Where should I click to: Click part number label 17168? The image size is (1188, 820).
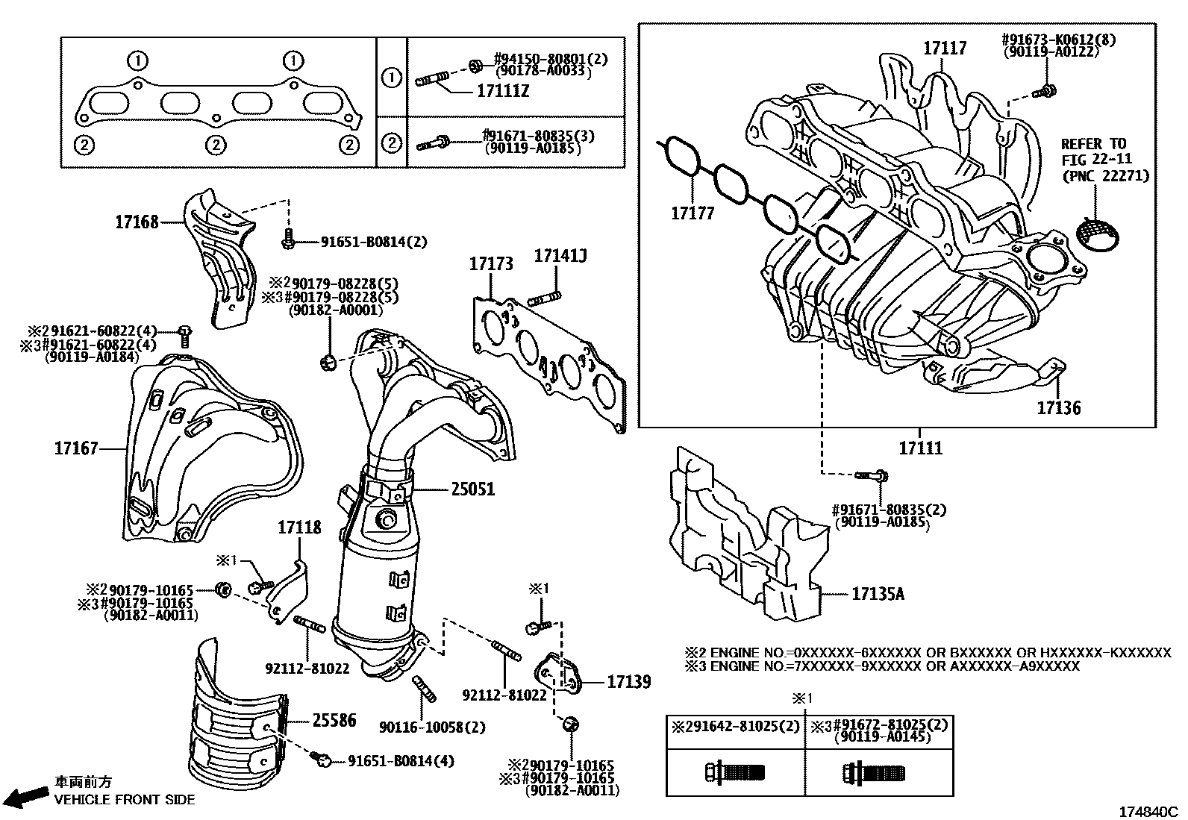(x=137, y=222)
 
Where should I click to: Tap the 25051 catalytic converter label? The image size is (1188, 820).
(x=472, y=489)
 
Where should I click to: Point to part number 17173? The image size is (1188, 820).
(x=491, y=263)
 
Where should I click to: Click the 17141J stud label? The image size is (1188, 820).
(x=560, y=257)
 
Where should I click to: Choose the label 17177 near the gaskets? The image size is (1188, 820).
(x=692, y=213)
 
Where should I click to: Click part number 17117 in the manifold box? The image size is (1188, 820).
(x=945, y=48)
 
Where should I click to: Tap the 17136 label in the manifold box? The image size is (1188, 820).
(x=1058, y=407)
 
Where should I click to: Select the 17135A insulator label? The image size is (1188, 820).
(x=878, y=594)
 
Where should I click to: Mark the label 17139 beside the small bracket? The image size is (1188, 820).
(x=628, y=681)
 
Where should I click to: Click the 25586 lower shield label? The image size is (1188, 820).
(x=334, y=720)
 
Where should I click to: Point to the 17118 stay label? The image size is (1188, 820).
(x=299, y=528)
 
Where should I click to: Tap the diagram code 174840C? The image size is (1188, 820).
(x=1147, y=811)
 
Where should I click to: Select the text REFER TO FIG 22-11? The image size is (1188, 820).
(x=1094, y=151)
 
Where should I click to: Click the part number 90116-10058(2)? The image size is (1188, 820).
(x=432, y=727)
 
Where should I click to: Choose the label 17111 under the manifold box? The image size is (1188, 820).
(x=920, y=448)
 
